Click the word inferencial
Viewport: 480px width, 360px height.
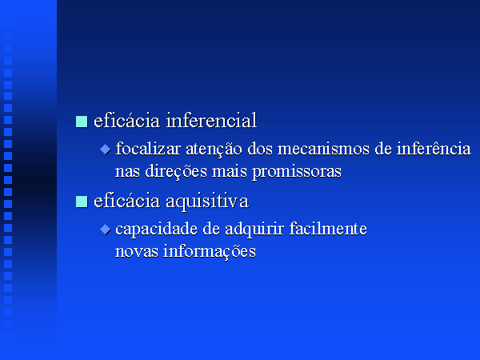211,120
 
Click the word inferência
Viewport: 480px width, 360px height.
434,148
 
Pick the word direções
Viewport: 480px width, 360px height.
176,171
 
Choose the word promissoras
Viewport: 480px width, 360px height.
297,172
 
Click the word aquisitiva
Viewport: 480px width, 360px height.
207,202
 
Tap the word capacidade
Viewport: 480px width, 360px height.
157,230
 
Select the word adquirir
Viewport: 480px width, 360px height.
254,230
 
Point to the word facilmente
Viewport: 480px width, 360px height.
328,228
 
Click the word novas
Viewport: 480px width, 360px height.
137,252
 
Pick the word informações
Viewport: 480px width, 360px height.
209,252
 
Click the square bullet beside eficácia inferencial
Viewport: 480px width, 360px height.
82,122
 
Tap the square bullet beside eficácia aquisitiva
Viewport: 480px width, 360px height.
82,202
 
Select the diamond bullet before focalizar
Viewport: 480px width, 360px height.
106,150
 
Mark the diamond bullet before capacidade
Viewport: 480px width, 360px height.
106,230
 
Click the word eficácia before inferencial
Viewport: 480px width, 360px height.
126,120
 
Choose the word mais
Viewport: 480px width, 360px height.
230,171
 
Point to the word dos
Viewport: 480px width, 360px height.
259,149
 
